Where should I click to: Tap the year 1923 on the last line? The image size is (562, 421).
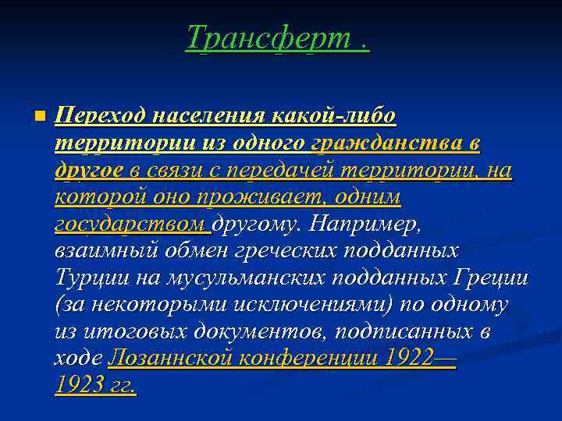[x=76, y=385]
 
